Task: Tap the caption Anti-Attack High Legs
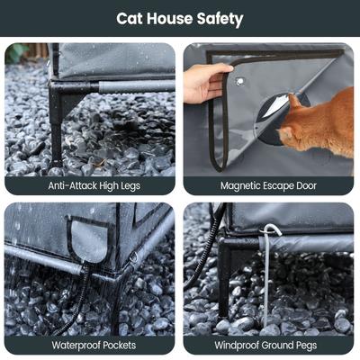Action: tap(90, 185)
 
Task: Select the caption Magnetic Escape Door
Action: tap(269, 185)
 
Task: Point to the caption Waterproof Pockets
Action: tap(90, 345)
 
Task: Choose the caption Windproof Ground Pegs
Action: tap(269, 345)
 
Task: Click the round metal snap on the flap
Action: tap(239, 81)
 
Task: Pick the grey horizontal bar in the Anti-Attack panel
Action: tap(135, 87)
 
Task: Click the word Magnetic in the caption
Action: tap(243, 185)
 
